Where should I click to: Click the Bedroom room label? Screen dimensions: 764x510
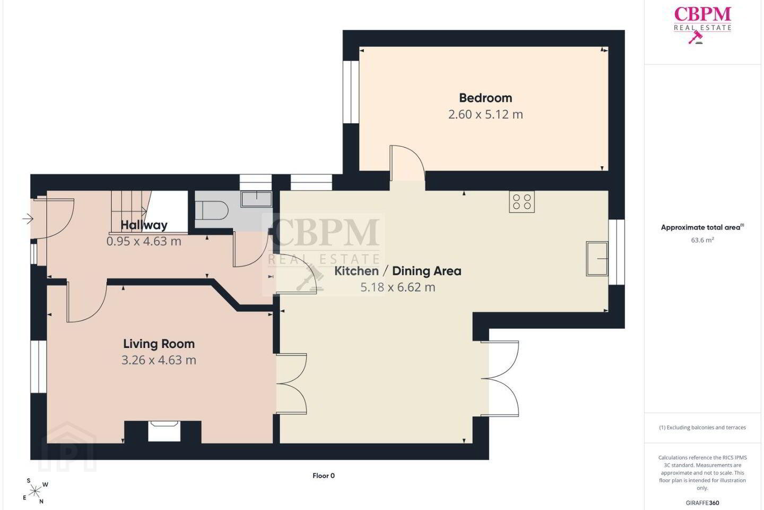pyautogui.click(x=485, y=98)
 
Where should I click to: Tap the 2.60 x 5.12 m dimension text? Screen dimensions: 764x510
pyautogui.click(x=485, y=114)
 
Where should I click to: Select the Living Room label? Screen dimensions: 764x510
pyautogui.click(x=159, y=344)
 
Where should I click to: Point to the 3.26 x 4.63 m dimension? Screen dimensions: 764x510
pyautogui.click(x=159, y=360)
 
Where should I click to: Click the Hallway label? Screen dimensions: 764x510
pyautogui.click(x=144, y=225)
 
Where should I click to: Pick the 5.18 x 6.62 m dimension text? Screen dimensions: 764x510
pyautogui.click(x=398, y=287)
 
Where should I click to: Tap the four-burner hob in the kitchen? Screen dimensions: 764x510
pyautogui.click(x=522, y=201)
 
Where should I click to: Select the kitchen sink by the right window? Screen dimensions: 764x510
pyautogui.click(x=597, y=259)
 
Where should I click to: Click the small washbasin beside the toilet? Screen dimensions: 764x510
pyautogui.click(x=256, y=199)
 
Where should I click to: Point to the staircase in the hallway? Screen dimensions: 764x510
pyautogui.click(x=132, y=212)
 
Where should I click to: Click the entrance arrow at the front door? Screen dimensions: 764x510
pyautogui.click(x=28, y=218)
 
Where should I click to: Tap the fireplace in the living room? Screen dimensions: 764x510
pyautogui.click(x=164, y=431)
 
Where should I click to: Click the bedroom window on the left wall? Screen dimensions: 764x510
pyautogui.click(x=351, y=92)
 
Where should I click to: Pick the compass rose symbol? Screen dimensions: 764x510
pyautogui.click(x=35, y=491)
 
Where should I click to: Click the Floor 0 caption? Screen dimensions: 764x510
pyautogui.click(x=323, y=475)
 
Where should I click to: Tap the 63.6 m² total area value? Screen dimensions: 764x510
pyautogui.click(x=702, y=240)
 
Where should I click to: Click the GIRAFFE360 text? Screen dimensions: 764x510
pyautogui.click(x=702, y=503)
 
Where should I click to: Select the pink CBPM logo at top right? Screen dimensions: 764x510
pyautogui.click(x=702, y=24)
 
